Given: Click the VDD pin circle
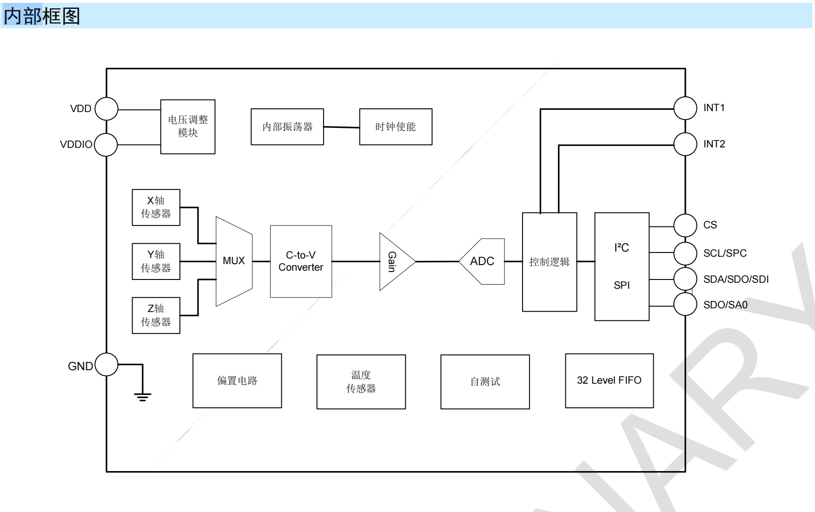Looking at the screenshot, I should [106, 109].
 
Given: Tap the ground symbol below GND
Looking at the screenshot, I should [142, 396].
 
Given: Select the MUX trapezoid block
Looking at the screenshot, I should [234, 261].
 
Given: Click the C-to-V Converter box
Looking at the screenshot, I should [301, 261].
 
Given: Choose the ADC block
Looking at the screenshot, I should [483, 261].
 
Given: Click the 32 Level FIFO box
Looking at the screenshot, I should [609, 380].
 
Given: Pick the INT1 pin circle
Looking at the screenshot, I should [685, 108].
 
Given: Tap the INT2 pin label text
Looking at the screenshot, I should [714, 144].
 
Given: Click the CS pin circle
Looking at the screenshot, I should [685, 226].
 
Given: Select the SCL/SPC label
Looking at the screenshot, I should [725, 253].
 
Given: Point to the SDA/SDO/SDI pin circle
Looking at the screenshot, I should [685, 279].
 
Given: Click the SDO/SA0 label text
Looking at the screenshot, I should [725, 305].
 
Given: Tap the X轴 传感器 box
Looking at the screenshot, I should [156, 207].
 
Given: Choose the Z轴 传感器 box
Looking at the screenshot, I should [156, 315].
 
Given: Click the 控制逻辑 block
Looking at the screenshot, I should [550, 262].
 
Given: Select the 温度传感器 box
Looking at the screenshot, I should [361, 382].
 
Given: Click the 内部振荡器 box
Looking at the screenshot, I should [287, 127].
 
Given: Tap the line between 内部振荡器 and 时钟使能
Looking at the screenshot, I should [341, 127].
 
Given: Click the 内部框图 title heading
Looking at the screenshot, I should [42, 16].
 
